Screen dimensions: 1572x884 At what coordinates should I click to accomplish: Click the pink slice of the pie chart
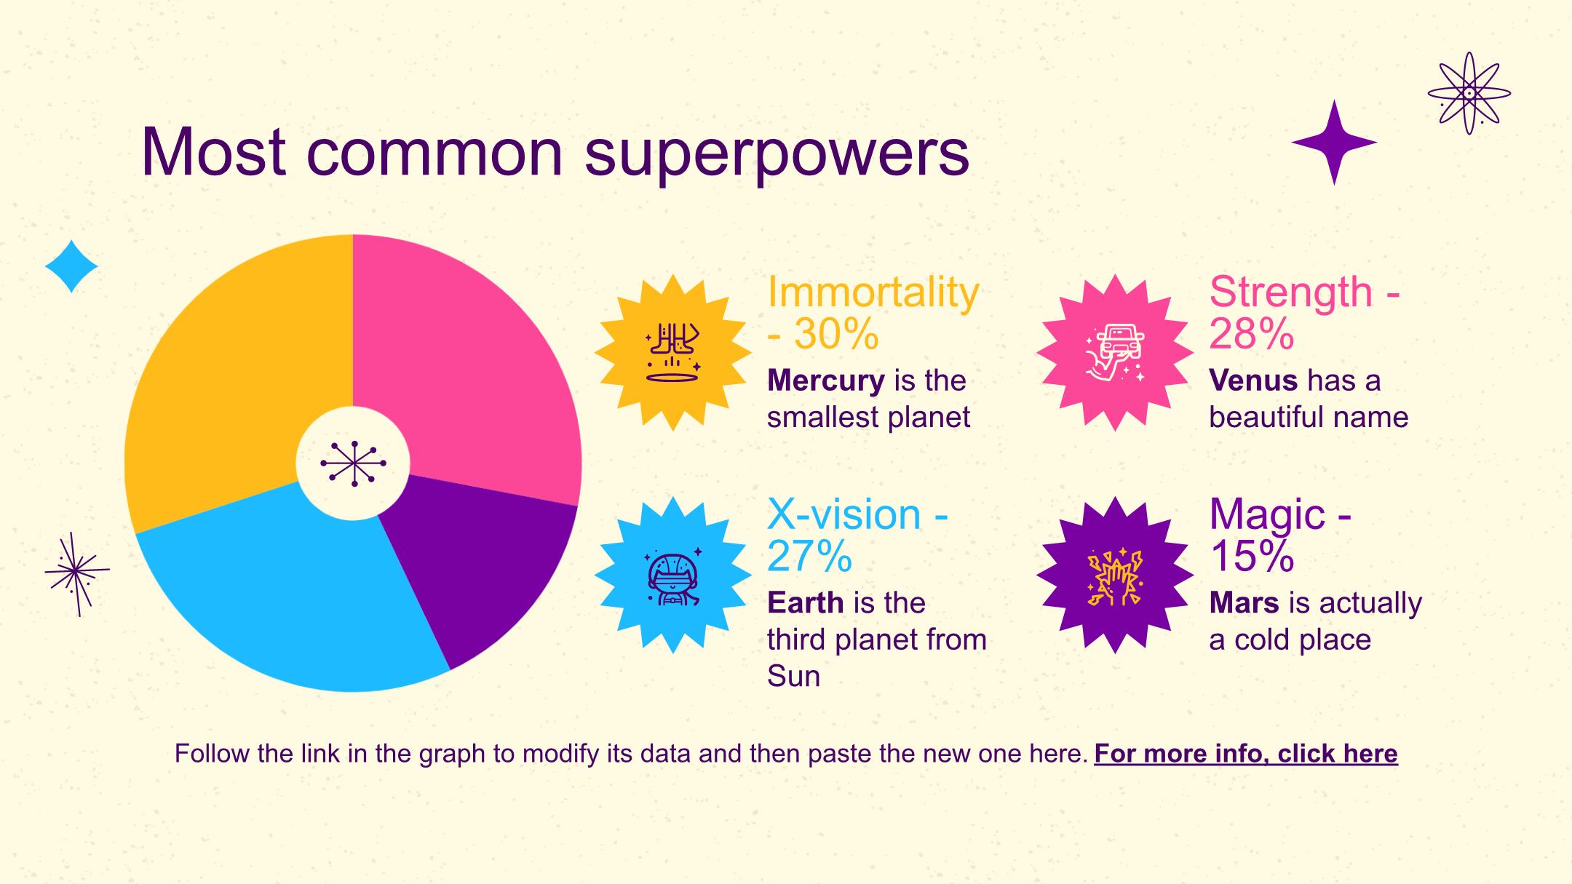[466, 364]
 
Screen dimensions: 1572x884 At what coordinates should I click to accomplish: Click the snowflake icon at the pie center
[353, 463]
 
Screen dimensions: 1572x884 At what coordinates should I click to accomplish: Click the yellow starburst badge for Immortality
[673, 353]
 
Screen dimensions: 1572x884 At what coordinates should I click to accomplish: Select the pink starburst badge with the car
[1115, 353]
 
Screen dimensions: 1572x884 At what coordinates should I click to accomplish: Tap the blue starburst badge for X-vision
[673, 575]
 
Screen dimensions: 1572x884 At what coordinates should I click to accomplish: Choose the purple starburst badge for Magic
[1115, 575]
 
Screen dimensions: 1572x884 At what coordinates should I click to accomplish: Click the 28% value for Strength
[1252, 334]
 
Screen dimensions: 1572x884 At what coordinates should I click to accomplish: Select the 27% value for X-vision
[809, 556]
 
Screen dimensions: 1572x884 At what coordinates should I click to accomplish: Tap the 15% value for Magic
[1252, 556]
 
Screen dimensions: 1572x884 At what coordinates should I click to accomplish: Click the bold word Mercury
[826, 381]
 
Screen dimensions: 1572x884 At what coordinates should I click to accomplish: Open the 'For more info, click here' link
[1246, 754]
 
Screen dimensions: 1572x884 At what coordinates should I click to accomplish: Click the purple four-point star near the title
[1334, 143]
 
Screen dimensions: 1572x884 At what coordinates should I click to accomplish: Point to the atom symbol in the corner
[1469, 93]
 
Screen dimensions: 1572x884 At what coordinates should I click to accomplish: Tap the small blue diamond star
[71, 266]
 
